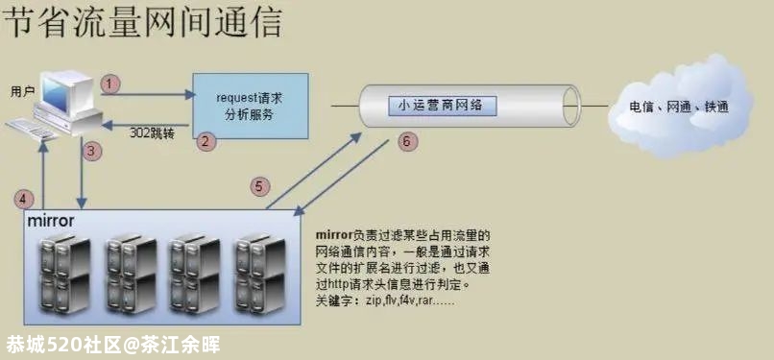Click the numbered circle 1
(111, 84)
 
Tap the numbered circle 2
(204, 140)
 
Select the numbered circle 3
(92, 150)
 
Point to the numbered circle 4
(25, 199)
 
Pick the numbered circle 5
(257, 186)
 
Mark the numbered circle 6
(406, 140)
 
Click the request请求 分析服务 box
(251, 106)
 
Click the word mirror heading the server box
(51, 221)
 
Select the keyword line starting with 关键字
(384, 300)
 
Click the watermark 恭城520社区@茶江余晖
(113, 344)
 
